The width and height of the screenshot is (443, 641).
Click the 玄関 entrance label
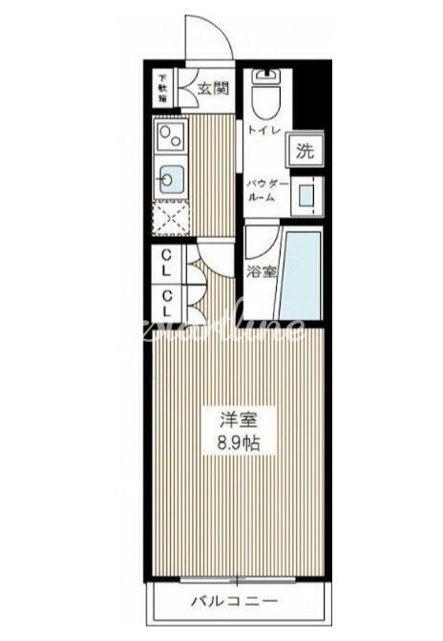coord(211,91)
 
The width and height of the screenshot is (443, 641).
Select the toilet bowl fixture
coord(263,96)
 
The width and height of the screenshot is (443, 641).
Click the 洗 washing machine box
coord(303,149)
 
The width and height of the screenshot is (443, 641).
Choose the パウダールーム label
coord(264,189)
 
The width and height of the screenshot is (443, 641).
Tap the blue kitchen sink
coord(172,178)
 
